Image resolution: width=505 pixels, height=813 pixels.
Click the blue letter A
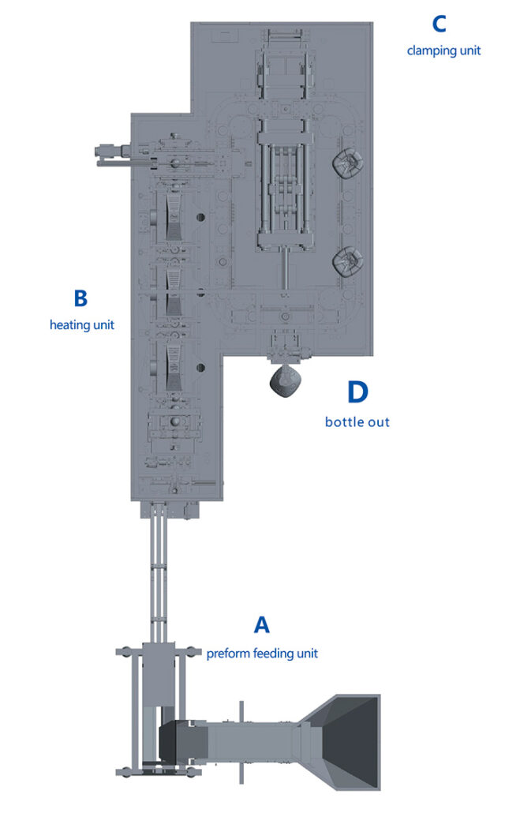point(262,625)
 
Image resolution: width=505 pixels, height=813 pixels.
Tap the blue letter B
point(81,298)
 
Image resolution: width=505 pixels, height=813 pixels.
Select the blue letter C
point(440,24)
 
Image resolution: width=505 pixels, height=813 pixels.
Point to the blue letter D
point(357,392)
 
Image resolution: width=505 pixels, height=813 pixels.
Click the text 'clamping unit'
point(443,51)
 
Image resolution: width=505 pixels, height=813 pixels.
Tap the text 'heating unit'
point(82,325)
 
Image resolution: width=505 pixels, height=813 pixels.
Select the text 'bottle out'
point(357,422)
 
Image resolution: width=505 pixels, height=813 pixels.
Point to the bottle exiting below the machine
point(285,381)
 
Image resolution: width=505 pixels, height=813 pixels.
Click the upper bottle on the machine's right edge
point(348,163)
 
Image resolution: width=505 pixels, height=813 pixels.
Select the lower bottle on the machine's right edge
point(348,262)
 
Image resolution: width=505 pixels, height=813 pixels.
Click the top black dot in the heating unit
point(200,217)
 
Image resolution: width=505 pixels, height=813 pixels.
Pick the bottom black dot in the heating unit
point(200,368)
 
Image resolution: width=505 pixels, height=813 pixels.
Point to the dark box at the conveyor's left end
point(168,741)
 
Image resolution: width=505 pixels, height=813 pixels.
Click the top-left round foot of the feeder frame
point(125,652)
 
